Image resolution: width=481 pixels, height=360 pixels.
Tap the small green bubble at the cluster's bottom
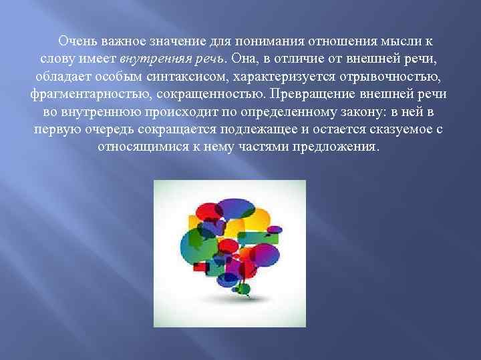244,289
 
